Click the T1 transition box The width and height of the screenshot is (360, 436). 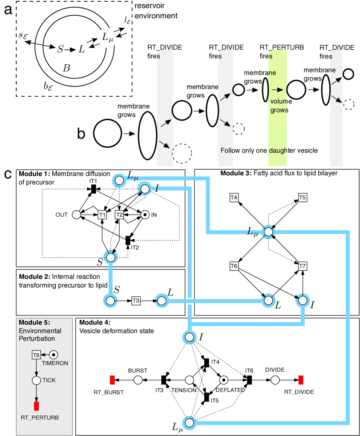pyautogui.click(x=102, y=215)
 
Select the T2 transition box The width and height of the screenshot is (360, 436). pyautogui.click(x=119, y=215)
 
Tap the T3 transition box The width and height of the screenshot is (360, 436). pyautogui.click(x=136, y=301)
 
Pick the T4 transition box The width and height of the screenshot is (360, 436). pyautogui.click(x=234, y=198)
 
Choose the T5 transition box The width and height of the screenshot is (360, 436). pyautogui.click(x=302, y=198)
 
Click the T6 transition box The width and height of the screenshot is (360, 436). pyautogui.click(x=234, y=266)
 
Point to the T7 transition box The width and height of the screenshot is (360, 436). pyautogui.click(x=302, y=266)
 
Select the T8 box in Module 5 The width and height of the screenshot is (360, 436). pyautogui.click(x=36, y=355)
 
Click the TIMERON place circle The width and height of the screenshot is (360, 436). pyautogui.click(x=54, y=354)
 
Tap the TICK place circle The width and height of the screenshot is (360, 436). pyautogui.click(x=37, y=380)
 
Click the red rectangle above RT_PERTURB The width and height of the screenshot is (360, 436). pyautogui.click(x=37, y=406)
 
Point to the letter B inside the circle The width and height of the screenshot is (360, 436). pyautogui.click(x=66, y=68)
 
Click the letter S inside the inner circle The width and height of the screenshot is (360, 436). pyautogui.click(x=60, y=49)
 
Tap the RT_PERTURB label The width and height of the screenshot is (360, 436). pyautogui.click(x=40, y=418)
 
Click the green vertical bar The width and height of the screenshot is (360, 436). pyautogui.click(x=277, y=128)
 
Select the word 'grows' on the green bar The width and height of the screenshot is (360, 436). pyautogui.click(x=279, y=110)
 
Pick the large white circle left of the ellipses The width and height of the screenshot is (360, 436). pyautogui.click(x=107, y=133)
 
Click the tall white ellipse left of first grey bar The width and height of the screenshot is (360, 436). pyautogui.click(x=148, y=135)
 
